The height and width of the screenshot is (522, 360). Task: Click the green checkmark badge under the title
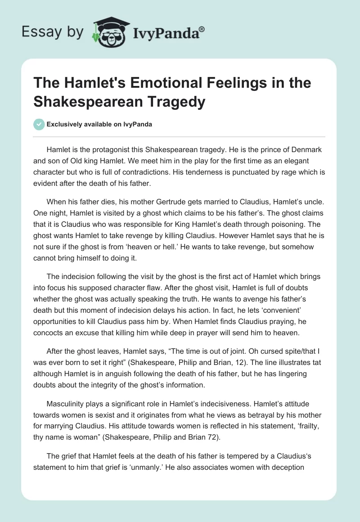pyautogui.click(x=39, y=124)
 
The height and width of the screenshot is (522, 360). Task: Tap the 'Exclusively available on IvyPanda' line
pyautogui.click(x=99, y=125)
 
